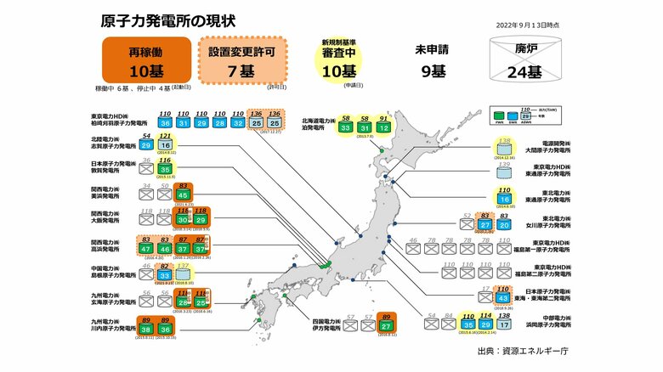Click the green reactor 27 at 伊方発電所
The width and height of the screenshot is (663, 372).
click(387, 326)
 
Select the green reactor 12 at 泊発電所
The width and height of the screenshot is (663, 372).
click(384, 127)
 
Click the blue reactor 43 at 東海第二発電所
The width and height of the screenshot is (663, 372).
click(503, 297)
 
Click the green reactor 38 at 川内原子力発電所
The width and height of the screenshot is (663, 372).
click(147, 329)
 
